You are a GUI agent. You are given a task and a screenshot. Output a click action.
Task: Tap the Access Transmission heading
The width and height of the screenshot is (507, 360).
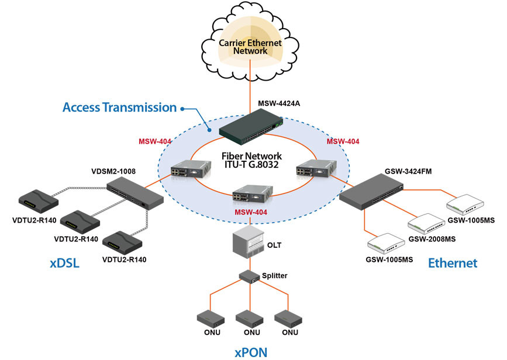coord(119,108)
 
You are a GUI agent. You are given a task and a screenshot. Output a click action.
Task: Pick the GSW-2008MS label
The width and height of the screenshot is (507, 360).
coord(432,238)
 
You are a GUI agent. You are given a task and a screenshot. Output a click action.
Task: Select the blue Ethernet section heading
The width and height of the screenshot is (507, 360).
coord(453,263)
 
